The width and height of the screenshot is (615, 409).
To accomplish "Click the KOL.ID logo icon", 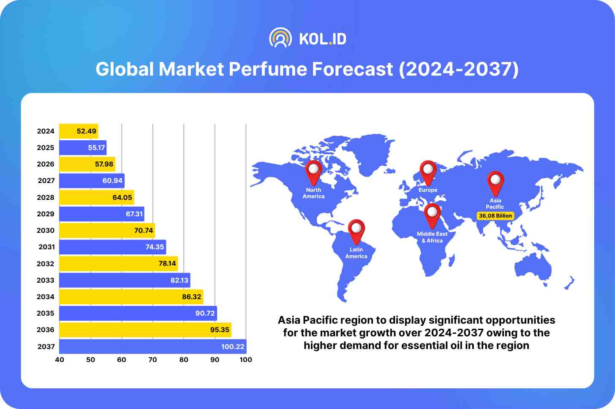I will pyautogui.click(x=280, y=38).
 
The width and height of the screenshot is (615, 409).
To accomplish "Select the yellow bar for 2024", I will pyautogui.click(x=79, y=131).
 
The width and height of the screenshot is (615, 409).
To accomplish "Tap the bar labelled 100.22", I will pyautogui.click(x=152, y=346).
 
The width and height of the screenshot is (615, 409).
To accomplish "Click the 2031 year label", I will pyautogui.click(x=46, y=247).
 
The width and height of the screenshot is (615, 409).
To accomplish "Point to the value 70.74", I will pyautogui.click(x=144, y=230).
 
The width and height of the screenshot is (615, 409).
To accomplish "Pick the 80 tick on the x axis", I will pyautogui.click(x=184, y=360).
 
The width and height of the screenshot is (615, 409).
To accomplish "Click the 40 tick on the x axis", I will pyautogui.click(x=60, y=360).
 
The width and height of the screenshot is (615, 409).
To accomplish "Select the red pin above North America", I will pyautogui.click(x=313, y=172).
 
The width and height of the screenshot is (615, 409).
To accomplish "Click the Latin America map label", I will pyautogui.click(x=356, y=253).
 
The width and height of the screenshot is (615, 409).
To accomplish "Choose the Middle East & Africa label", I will pyautogui.click(x=432, y=237).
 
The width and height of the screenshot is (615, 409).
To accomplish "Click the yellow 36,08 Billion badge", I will pyautogui.click(x=495, y=215).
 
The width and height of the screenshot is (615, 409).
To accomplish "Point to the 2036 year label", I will pyautogui.click(x=46, y=330).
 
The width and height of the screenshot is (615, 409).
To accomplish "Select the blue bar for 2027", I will pyautogui.click(x=92, y=180).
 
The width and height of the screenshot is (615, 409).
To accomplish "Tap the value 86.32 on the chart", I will pyautogui.click(x=191, y=297).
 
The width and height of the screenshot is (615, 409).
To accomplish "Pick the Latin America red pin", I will pyautogui.click(x=356, y=231).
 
